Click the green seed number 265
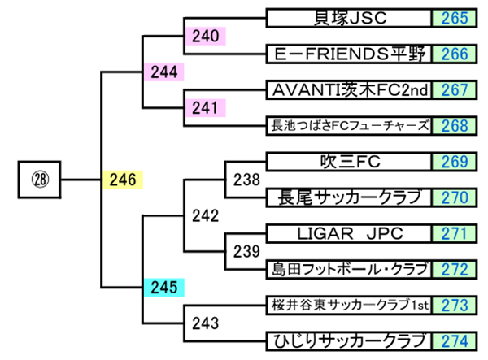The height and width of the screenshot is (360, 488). click(x=455, y=18)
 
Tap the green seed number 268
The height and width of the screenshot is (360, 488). click(x=455, y=125)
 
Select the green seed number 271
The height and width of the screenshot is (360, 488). click(x=455, y=233)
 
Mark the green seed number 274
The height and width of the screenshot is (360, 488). click(x=455, y=340)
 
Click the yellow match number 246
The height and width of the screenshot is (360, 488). click(x=122, y=179)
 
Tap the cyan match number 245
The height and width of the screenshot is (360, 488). click(x=164, y=287)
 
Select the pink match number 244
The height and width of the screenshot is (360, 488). click(x=164, y=72)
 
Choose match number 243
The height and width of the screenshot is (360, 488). click(x=206, y=323)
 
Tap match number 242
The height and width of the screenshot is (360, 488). click(x=206, y=215)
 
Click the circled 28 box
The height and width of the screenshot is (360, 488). click(x=39, y=179)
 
